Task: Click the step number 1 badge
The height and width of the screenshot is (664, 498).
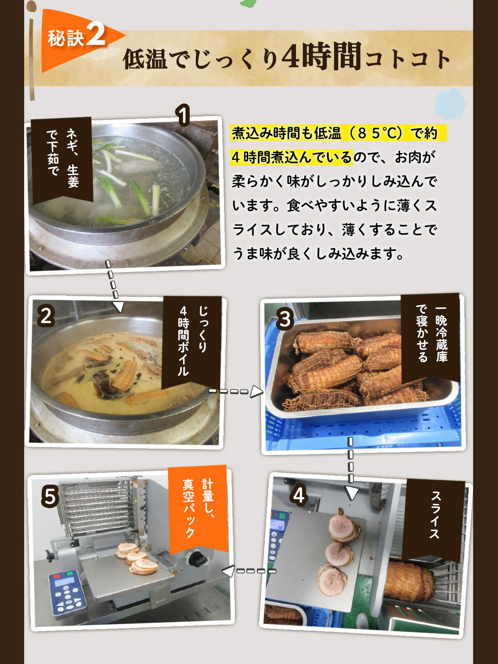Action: coord(183,115)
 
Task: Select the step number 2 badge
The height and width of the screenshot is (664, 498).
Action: coord(46,316)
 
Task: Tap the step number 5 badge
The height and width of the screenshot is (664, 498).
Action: coord(50,496)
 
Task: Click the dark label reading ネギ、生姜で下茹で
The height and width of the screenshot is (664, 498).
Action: coord(62,160)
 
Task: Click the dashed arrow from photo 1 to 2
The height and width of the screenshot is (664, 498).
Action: coord(113,286)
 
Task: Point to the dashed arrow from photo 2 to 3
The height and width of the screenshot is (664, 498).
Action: coord(236,391)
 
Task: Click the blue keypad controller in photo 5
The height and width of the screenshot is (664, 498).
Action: coord(68,593)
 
